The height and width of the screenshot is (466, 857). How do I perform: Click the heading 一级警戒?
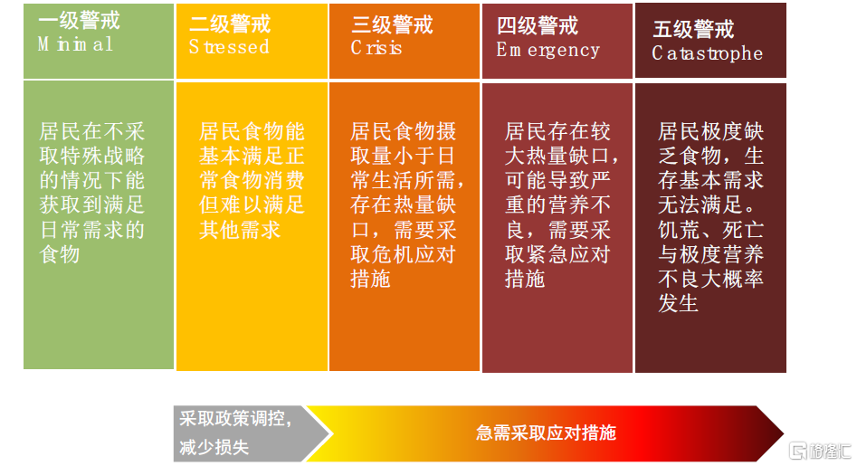pos(80,21)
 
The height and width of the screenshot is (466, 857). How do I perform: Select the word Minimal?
pos(75,44)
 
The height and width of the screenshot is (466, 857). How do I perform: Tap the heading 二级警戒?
pos(230,24)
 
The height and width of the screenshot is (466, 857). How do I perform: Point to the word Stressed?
pos(229,47)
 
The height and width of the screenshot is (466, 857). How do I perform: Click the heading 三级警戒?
pos(393,25)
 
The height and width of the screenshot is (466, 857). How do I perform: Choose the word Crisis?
pos(376,48)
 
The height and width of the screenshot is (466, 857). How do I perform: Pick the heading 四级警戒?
pos(538,26)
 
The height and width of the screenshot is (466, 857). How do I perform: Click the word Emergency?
pos(548,51)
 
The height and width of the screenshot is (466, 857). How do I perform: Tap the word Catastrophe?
pos(708,53)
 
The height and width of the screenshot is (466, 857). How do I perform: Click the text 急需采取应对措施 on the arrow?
pos(546,433)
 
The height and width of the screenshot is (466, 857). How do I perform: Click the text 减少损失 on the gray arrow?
pos(214,447)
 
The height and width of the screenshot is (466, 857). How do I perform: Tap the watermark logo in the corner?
pos(820,451)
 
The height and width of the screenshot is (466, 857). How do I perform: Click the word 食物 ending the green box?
pos(60,254)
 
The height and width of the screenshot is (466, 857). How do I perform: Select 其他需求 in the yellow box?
pos(240,230)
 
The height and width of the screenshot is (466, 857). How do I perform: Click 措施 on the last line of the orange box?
pos(370,280)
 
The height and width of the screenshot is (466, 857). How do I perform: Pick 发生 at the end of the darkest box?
pos(679,304)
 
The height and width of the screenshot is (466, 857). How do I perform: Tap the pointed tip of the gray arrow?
pos(331,434)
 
